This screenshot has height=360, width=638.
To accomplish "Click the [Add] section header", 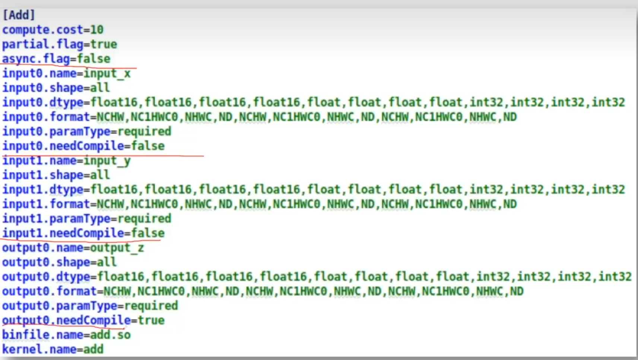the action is click(19, 15).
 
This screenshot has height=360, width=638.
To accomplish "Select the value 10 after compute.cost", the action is click(97, 30).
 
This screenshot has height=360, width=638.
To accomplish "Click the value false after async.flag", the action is click(93, 59).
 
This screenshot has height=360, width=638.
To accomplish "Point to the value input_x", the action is click(107, 73).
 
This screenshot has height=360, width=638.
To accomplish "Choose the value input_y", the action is click(107, 161).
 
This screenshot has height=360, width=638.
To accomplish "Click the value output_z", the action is click(117, 248).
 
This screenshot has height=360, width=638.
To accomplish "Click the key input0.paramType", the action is click(56, 132).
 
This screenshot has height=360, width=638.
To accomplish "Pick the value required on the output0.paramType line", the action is click(151, 306).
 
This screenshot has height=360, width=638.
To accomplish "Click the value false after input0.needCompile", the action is click(147, 146).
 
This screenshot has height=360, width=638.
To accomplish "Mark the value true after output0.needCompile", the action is click(151, 320).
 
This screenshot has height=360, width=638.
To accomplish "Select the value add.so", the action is click(110, 335).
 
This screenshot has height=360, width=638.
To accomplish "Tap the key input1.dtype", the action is click(43, 190).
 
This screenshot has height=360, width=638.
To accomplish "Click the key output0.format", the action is click(50, 291).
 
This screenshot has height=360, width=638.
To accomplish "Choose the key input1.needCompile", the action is click(63, 233).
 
